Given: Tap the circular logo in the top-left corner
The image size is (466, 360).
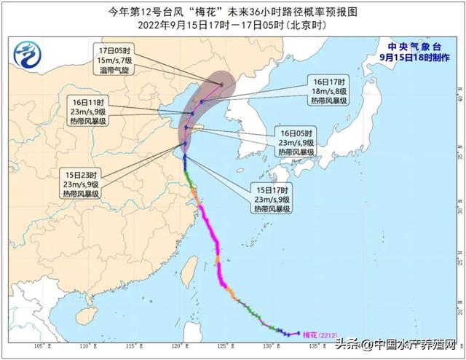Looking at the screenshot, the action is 28,52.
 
